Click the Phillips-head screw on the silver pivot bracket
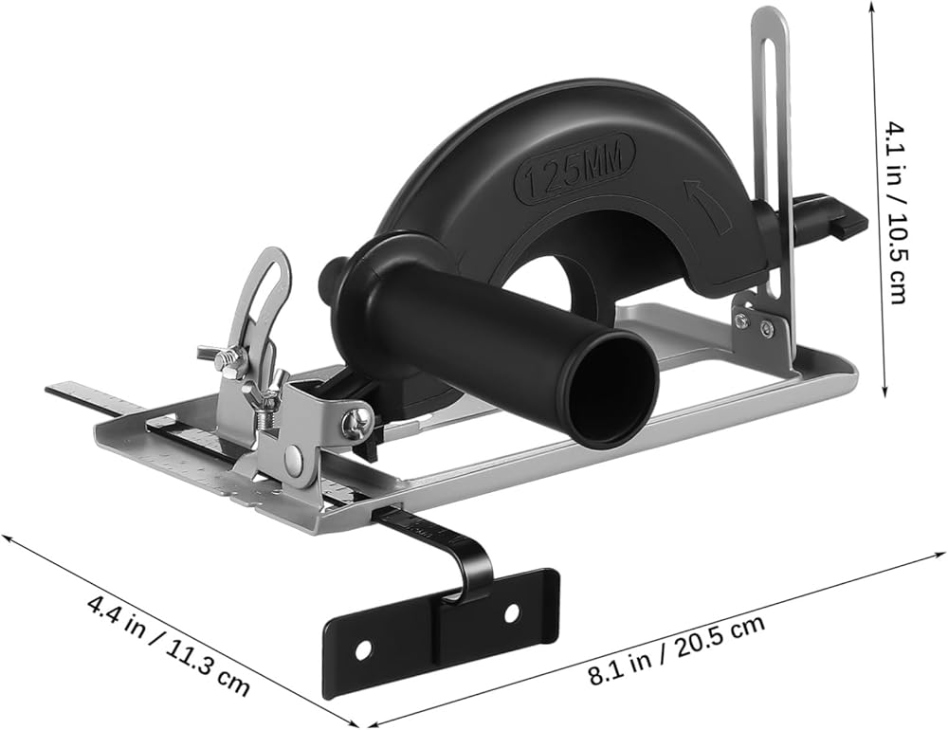(x=355, y=421)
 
